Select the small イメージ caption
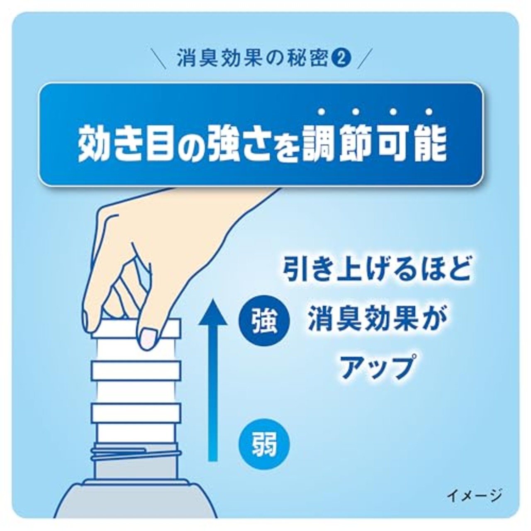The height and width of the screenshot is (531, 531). tap(474, 495)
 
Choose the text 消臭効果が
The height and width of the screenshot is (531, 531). tap(377, 319)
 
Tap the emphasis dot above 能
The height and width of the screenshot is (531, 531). tap(429, 111)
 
